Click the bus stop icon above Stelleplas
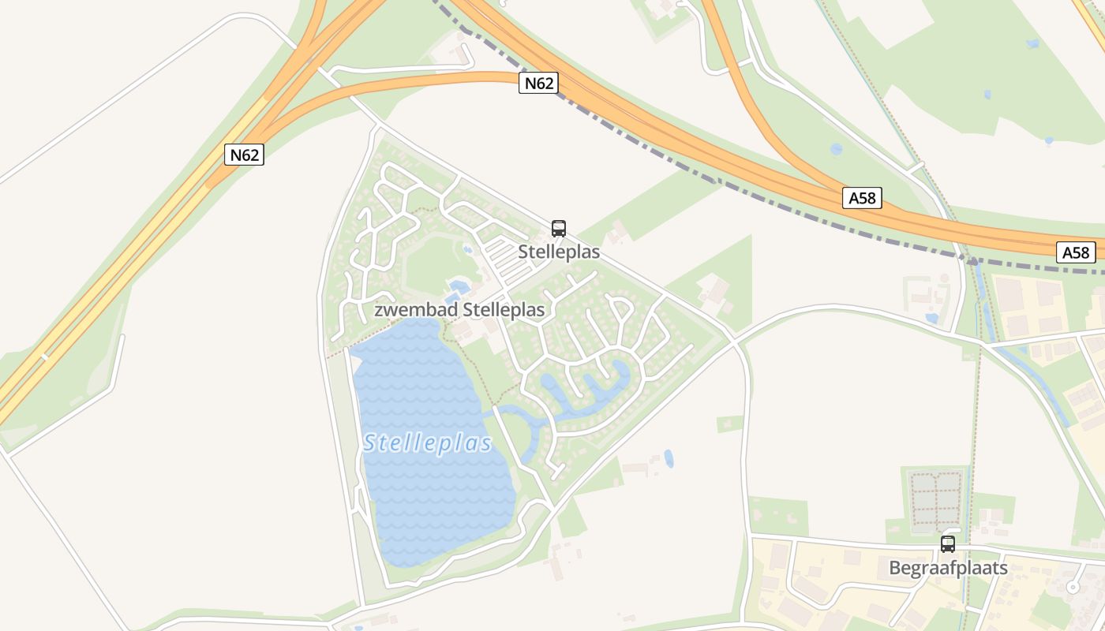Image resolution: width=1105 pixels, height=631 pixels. tap(559, 229)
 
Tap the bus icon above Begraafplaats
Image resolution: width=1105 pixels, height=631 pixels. tap(948, 544)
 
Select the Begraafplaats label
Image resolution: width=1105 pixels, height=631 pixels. tap(948, 568)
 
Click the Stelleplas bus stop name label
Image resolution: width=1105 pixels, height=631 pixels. tap(559, 252)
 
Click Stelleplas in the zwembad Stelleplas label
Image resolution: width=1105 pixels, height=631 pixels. tap(504, 310)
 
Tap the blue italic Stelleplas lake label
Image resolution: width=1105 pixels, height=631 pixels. tap(428, 443)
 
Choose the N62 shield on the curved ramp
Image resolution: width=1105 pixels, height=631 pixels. tap(539, 83)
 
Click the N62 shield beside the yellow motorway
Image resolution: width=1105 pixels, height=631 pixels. tap(244, 155)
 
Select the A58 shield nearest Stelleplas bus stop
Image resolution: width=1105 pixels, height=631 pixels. tap(862, 198)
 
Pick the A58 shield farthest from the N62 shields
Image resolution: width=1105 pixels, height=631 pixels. tap(1076, 252)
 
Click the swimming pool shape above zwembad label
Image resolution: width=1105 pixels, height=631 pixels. tap(458, 286)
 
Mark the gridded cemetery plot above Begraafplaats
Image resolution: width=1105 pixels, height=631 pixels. tap(937, 499)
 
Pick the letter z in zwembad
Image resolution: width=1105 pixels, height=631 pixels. tap(378, 311)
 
